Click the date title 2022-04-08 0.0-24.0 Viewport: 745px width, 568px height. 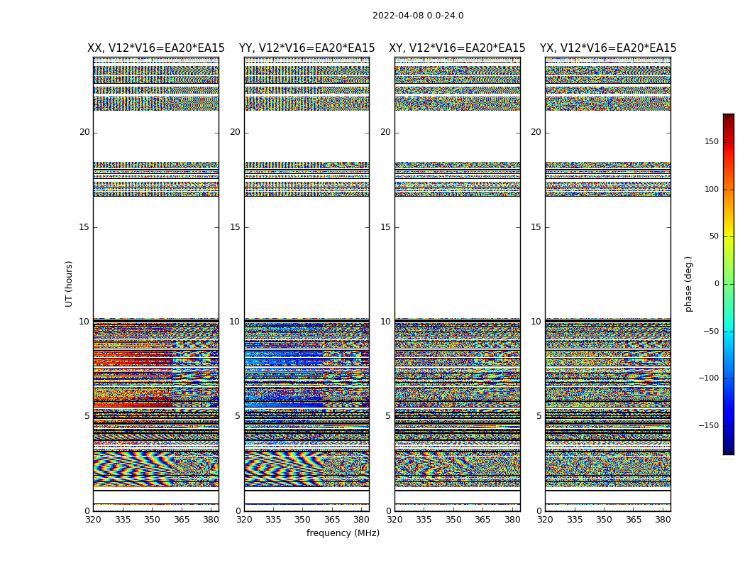418,16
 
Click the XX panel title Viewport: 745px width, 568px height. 156,48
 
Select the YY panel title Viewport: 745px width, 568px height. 307,48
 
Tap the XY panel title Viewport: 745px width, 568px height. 457,48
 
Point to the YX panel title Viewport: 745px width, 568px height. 608,48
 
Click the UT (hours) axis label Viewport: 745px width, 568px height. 70,283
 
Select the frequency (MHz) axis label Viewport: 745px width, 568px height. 343,533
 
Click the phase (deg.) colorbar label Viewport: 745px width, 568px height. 688,283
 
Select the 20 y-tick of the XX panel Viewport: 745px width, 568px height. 84,132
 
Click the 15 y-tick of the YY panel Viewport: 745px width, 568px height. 235,227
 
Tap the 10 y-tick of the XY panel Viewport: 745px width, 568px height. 385,322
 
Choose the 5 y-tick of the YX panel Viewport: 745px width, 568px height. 539,416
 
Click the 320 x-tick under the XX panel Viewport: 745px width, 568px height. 93,520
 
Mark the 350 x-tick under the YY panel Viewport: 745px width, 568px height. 302,520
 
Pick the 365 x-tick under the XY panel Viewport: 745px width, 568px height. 482,520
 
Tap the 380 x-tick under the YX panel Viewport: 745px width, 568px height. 663,520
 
